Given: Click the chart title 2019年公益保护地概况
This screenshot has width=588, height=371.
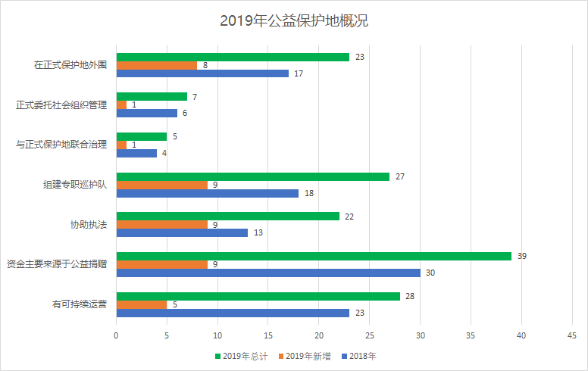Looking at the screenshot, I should tap(294, 20).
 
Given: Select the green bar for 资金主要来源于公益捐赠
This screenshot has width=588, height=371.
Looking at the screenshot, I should tap(314, 256).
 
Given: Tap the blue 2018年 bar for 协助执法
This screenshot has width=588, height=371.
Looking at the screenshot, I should tap(182, 232).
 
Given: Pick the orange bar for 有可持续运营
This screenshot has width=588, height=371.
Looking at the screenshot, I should tap(142, 304).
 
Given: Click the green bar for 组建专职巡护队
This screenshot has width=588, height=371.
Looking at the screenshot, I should tap(253, 176).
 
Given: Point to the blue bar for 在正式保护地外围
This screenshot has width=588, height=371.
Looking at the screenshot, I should tap(202, 73).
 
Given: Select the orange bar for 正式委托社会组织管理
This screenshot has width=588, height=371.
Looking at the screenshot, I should tap(121, 104).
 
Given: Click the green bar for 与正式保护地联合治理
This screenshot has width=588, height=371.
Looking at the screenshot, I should tap(142, 136).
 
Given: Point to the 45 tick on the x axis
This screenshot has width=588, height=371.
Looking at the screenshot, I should tap(572, 334).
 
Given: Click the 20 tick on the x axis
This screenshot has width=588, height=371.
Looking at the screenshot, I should tap(319, 334).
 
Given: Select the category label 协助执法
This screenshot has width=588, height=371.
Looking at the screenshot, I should tap(88, 224).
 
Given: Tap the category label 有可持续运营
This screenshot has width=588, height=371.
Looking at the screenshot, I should tap(79, 304).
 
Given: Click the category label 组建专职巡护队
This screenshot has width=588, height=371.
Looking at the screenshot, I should tap(74, 184).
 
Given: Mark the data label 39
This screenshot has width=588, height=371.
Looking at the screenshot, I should tap(522, 256).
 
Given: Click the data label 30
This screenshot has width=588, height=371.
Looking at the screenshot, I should tap(430, 273).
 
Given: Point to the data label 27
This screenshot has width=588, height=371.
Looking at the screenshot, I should tap(400, 176).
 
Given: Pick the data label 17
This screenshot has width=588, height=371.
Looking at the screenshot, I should tap(299, 73).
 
